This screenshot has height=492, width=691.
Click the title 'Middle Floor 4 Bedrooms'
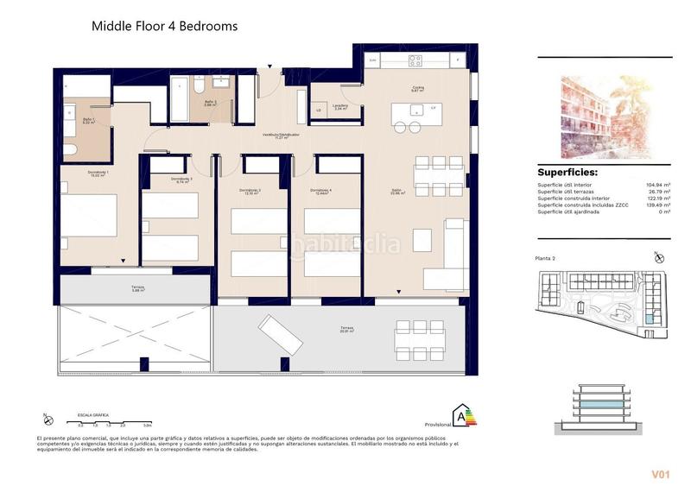[x=164, y=27]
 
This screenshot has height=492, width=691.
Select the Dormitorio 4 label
[x=322, y=192]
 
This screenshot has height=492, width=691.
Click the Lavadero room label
[x=328, y=108]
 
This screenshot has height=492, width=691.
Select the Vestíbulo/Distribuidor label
[x=281, y=136]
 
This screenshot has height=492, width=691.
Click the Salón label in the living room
[x=396, y=192]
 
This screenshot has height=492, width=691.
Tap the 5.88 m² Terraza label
[x=138, y=288]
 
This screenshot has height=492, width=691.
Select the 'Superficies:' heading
[x=567, y=173]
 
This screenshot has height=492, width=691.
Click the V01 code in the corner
[x=662, y=474]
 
